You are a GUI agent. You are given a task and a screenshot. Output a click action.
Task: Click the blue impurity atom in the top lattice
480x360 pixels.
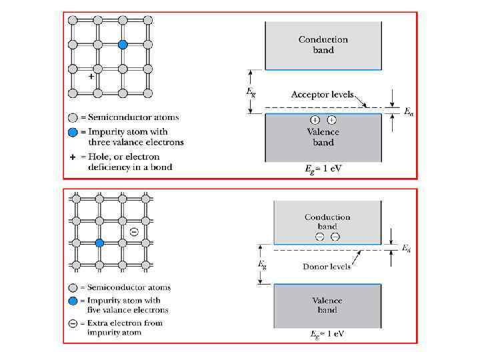tap(123, 45)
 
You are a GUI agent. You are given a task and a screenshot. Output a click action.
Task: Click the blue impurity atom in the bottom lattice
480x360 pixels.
tap(99, 243)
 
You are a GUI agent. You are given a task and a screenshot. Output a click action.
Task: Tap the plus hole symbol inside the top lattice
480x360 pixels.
tap(91, 77)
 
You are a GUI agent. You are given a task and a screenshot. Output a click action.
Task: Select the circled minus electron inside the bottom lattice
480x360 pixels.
tap(133, 231)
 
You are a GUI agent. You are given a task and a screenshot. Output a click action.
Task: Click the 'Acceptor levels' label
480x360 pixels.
tap(322, 95)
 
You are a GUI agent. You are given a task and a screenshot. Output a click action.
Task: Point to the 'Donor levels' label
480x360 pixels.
tap(327, 267)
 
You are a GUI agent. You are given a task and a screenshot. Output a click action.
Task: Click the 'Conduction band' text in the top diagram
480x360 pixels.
tap(323, 45)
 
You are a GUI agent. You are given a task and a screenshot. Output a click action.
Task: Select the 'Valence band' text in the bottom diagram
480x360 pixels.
tap(327, 305)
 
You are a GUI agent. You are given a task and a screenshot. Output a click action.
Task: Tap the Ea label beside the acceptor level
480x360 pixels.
tap(409, 113)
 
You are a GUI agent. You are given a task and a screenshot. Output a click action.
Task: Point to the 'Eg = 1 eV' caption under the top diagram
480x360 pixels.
tap(323, 169)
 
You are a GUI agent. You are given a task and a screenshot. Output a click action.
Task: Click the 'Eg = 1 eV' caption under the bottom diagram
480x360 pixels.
tap(326, 333)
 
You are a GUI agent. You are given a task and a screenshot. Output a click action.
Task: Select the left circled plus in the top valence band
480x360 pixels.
tap(315, 120)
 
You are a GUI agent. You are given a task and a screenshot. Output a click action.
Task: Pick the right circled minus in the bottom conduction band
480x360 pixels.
tap(335, 237)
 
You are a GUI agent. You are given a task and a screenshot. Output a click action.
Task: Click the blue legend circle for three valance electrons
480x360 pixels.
tap(73, 132)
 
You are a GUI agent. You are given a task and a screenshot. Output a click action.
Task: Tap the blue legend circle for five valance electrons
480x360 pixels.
tap(73, 301)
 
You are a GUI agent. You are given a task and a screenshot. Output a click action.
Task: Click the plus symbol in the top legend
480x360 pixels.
tap(73, 157)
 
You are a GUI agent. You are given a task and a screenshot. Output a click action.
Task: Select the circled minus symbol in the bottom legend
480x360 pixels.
tap(73, 323)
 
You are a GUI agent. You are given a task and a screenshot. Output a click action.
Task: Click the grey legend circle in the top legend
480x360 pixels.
tap(73, 117)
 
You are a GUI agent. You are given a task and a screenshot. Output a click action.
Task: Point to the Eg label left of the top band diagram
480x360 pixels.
tap(250, 92)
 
